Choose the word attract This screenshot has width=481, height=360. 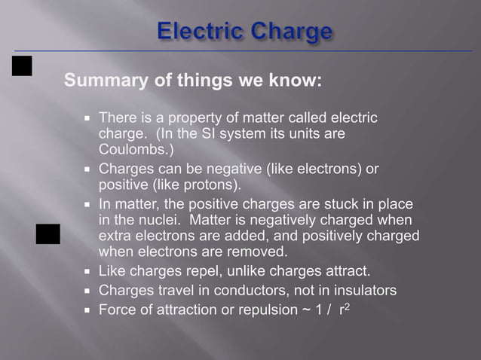(342, 271)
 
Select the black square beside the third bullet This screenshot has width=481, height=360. (48, 234)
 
